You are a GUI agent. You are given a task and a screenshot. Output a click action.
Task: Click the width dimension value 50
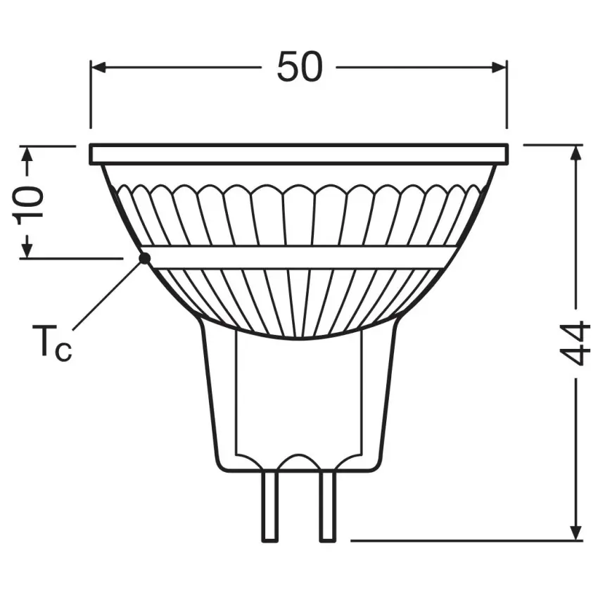[299, 68]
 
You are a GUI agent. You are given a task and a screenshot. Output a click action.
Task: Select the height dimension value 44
[577, 343]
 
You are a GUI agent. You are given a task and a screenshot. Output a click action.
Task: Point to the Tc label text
[51, 343]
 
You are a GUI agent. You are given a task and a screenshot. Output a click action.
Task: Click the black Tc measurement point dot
[144, 258]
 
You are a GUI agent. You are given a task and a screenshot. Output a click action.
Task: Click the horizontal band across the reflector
[299, 257]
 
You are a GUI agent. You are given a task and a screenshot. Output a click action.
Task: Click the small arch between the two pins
[299, 461]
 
